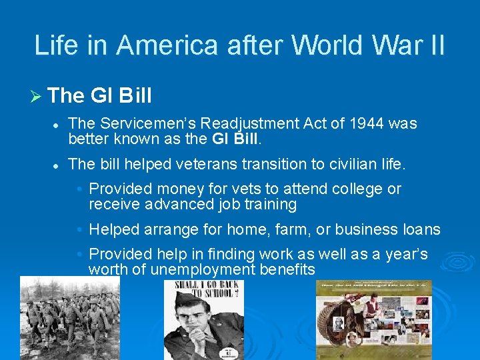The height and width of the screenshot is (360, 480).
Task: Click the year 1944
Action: [x=367, y=123]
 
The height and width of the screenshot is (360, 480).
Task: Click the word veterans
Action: [x=204, y=163]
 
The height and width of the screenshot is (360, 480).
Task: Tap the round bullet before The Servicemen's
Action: [x=58, y=124]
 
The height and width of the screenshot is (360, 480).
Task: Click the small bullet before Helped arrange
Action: [x=79, y=229]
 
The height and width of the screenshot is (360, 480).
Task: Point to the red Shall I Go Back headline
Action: [x=204, y=291]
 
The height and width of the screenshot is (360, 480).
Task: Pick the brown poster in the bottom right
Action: [x=374, y=319]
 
